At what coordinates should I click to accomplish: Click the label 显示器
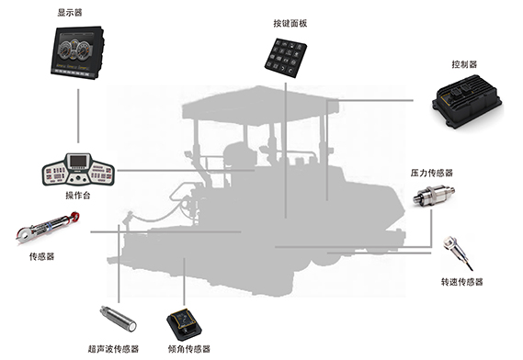(70, 13)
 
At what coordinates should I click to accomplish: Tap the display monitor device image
(77, 52)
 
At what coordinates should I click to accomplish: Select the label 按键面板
(290, 23)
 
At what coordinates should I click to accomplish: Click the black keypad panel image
(286, 59)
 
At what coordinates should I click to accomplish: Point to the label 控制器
(464, 64)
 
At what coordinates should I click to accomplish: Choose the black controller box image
(467, 101)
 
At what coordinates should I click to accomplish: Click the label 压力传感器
(432, 173)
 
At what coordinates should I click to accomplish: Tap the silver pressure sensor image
(434, 196)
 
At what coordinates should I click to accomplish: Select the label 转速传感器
(462, 282)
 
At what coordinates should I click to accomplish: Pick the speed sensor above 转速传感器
(456, 252)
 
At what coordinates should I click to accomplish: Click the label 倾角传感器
(189, 349)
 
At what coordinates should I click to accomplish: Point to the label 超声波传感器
(113, 349)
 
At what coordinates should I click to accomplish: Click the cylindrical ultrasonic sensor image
(118, 319)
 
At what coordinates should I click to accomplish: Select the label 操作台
(78, 195)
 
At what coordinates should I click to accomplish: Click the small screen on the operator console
(79, 162)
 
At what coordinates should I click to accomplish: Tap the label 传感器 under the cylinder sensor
(41, 256)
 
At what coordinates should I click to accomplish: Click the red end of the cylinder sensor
(74, 217)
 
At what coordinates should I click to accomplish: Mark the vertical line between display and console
(78, 116)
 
